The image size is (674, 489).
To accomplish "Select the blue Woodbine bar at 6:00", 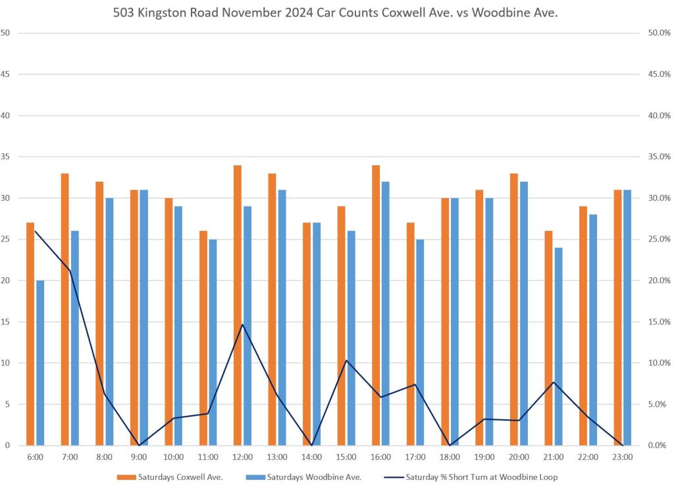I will pyautogui.click(x=40, y=363).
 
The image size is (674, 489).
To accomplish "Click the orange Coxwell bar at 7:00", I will pyautogui.click(x=65, y=309).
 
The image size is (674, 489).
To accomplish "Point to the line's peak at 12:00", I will pyautogui.click(x=242, y=324).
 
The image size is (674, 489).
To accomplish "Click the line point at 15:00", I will pyautogui.click(x=346, y=360).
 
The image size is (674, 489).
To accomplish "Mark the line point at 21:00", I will pyautogui.click(x=554, y=382).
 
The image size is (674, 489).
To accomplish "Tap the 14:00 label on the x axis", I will pyautogui.click(x=311, y=457).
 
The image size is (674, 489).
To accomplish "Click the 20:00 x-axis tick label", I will pyautogui.click(x=519, y=457).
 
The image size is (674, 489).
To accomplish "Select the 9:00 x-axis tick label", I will pyautogui.click(x=139, y=457).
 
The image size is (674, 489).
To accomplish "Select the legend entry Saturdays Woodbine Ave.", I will pyautogui.click(x=309, y=477).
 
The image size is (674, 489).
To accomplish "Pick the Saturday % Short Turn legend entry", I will pyautogui.click(x=482, y=477).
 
